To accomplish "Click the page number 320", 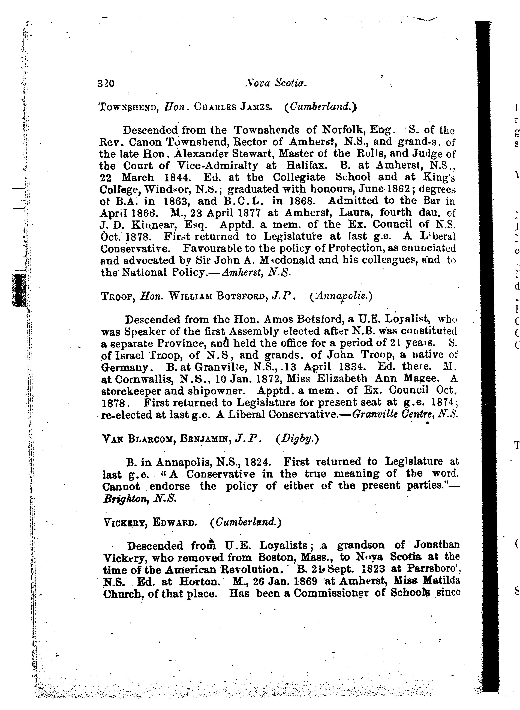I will point(106,84).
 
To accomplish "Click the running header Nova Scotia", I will point(275,83).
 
